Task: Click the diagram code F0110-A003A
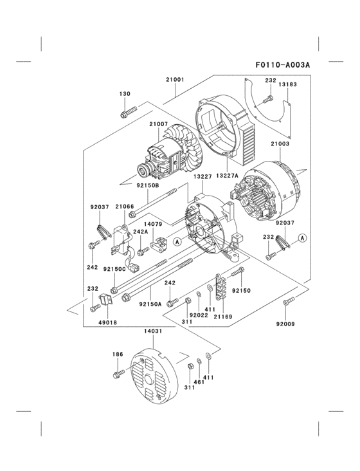click(283, 65)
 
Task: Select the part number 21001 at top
click(175, 80)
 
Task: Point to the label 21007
click(159, 124)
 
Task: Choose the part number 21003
click(280, 144)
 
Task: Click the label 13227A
click(228, 175)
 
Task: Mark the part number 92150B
click(148, 185)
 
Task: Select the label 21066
click(125, 207)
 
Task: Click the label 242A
click(140, 232)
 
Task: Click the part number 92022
click(198, 315)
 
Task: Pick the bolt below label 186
click(117, 374)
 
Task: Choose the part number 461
click(199, 382)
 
